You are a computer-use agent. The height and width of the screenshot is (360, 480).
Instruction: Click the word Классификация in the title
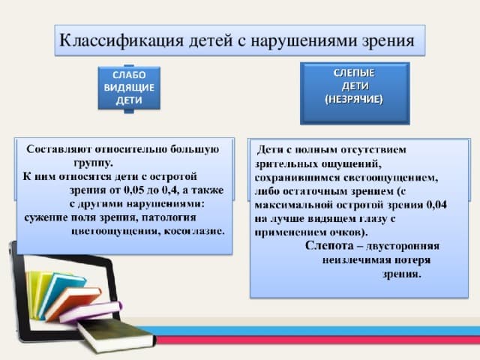point(121,40)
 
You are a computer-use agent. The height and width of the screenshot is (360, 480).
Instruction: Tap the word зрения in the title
point(388,41)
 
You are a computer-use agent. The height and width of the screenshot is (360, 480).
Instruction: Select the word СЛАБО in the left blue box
point(129,75)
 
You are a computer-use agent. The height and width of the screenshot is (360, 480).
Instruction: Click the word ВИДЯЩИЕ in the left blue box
point(129,88)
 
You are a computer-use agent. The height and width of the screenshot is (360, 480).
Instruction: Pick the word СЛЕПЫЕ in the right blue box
point(354,73)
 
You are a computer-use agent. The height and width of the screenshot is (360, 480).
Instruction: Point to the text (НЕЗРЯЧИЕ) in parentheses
point(354,99)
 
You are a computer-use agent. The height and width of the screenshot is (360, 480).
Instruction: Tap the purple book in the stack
point(91,312)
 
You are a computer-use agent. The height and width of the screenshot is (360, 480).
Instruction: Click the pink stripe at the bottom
point(318,340)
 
